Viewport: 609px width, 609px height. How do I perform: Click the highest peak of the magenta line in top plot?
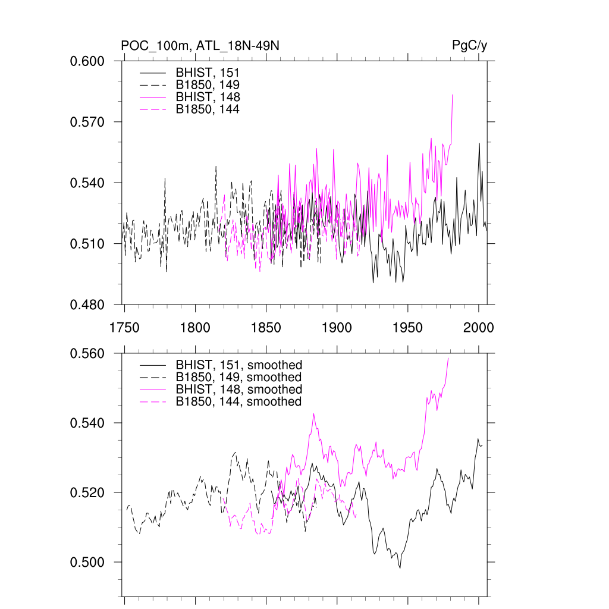(453, 95)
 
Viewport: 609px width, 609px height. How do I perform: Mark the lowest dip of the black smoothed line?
(400, 568)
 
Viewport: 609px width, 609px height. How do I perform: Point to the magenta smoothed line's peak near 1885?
(313, 414)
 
